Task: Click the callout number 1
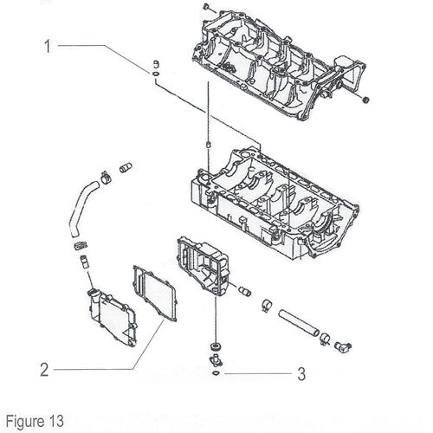click(48, 47)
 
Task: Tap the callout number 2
click(44, 370)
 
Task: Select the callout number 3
click(301, 374)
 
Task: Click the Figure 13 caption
click(35, 421)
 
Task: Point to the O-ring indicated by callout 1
click(156, 74)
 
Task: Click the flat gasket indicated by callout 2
click(155, 294)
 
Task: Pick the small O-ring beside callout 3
click(216, 373)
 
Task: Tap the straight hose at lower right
click(299, 323)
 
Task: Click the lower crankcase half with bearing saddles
click(275, 202)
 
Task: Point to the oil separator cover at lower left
click(113, 318)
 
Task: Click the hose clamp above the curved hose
click(106, 177)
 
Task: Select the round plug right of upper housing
click(366, 100)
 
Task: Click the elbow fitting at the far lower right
click(343, 346)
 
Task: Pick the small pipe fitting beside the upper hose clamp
click(126, 168)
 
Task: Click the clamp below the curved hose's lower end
click(81, 246)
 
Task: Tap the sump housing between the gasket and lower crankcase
click(204, 266)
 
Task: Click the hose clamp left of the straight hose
click(267, 305)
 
